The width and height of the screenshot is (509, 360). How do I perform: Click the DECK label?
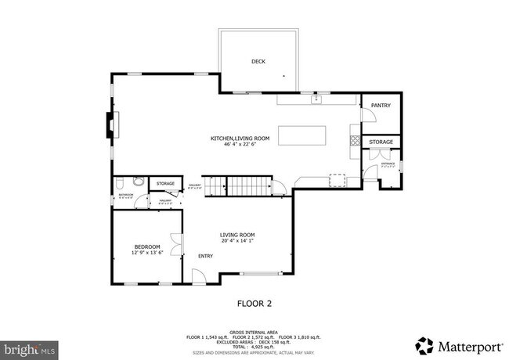click(258, 61)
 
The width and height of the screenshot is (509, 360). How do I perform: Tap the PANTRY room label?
click(381, 105)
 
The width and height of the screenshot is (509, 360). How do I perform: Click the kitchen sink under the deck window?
click(316, 99)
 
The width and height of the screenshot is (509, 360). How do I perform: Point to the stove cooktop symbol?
click(355, 142)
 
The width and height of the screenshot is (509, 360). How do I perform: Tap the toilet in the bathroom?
click(137, 182)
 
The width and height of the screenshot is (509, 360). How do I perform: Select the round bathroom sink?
click(120, 183)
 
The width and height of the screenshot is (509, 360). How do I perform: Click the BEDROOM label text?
click(146, 247)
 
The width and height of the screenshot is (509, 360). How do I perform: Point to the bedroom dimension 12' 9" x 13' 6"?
click(146, 253)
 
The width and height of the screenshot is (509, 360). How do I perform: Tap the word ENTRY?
click(205, 255)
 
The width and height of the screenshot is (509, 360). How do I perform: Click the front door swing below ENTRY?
click(199, 275)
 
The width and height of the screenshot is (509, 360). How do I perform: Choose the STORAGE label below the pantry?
click(381, 142)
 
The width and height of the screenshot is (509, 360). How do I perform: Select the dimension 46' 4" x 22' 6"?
click(240, 144)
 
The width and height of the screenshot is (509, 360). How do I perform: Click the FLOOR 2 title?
click(254, 303)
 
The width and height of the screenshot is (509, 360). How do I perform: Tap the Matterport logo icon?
click(424, 344)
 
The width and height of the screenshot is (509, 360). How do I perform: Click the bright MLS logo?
click(29, 345)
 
